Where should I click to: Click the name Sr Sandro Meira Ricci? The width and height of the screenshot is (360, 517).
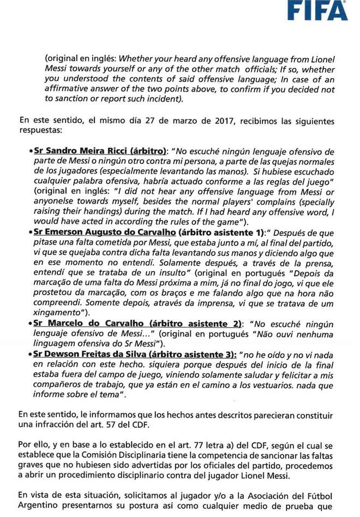[77, 151]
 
